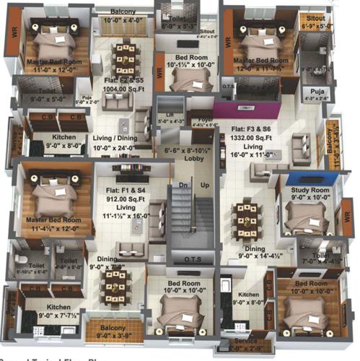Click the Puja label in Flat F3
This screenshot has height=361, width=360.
[x=317, y=92]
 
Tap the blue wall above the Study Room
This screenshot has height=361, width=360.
[x=299, y=179]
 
